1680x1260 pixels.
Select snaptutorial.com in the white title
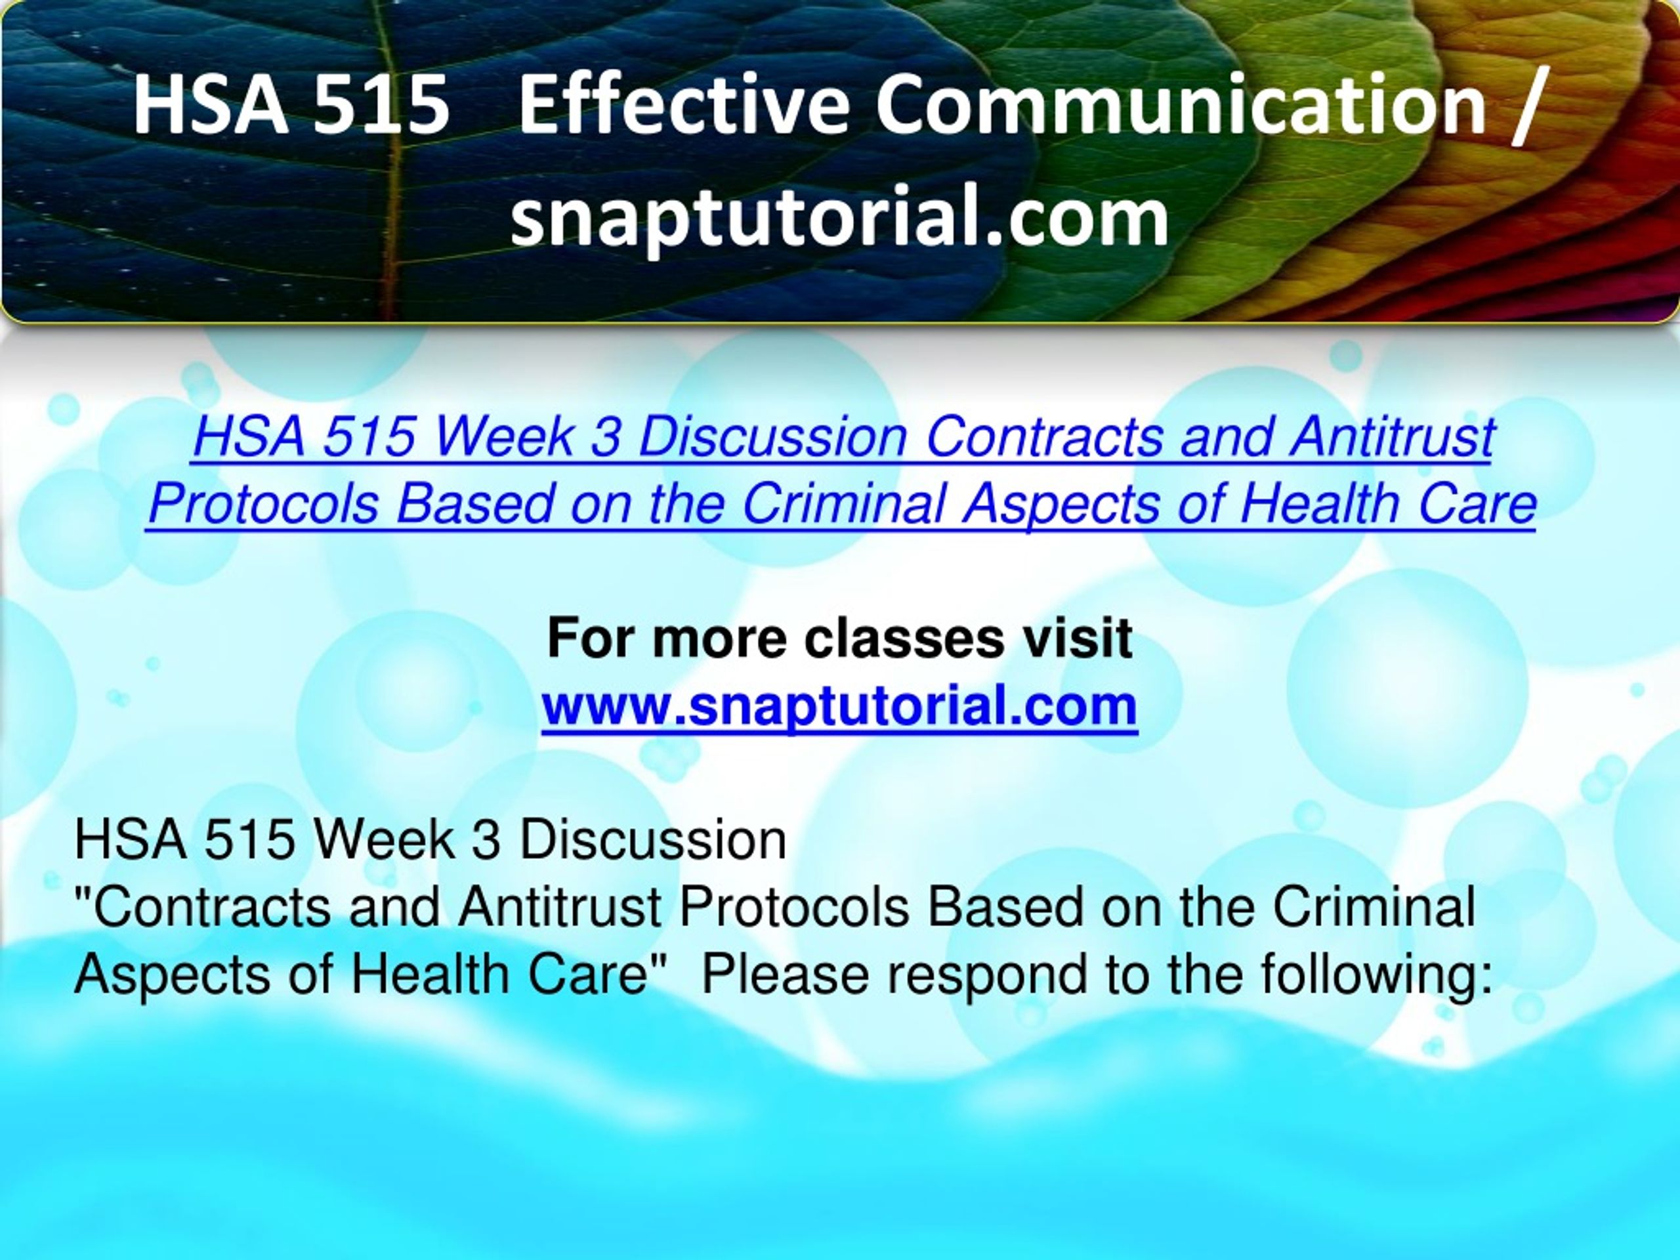pos(839,220)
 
